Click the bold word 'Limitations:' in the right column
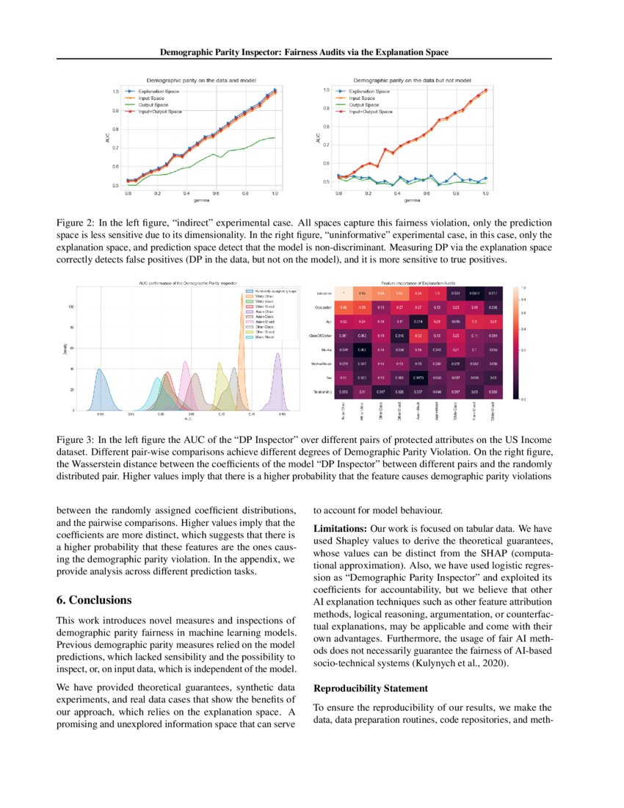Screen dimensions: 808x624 (338, 528)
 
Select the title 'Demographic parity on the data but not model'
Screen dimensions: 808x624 (412, 79)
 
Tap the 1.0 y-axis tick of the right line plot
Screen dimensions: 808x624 (326, 90)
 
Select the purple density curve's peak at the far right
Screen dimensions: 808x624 (277, 354)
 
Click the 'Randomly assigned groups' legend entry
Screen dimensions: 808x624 (274, 292)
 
